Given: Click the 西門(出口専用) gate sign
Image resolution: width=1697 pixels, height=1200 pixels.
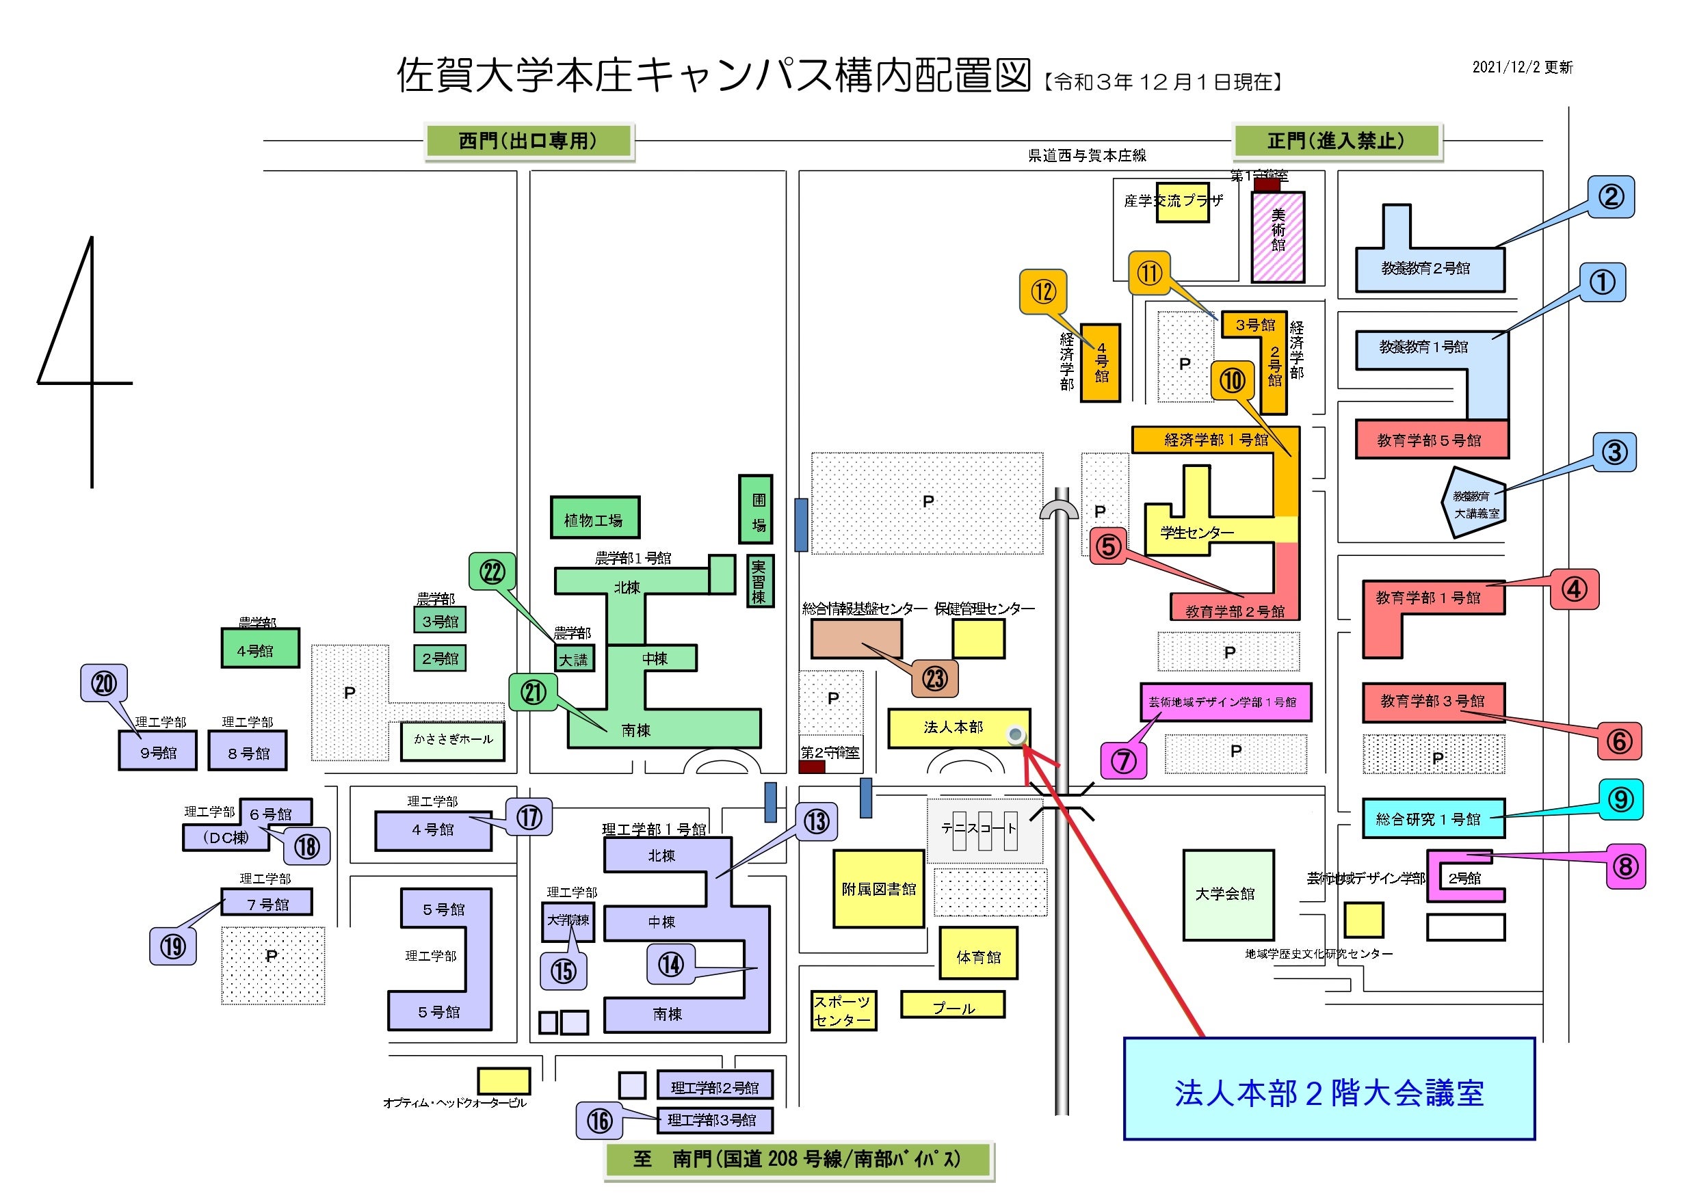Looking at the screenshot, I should (x=529, y=140).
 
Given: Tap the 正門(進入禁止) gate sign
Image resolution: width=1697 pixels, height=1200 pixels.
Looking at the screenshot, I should (x=1337, y=140).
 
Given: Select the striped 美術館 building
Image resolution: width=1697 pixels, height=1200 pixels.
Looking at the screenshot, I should (x=1277, y=237).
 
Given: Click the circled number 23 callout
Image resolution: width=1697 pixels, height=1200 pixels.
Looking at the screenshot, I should (x=935, y=678).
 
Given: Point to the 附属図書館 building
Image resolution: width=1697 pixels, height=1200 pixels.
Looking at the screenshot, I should (x=879, y=889).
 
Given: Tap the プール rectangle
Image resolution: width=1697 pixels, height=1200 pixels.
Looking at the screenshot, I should (x=953, y=1005).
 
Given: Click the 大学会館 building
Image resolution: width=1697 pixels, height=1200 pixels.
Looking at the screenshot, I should (x=1228, y=894).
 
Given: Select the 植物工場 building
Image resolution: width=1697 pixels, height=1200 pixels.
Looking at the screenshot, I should (x=594, y=517).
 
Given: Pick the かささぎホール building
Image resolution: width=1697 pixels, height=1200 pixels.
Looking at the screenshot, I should (x=452, y=741).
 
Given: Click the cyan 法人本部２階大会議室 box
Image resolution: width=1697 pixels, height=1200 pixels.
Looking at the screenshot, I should (x=1329, y=1089).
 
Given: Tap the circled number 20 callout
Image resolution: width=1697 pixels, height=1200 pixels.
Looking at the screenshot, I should (x=103, y=684).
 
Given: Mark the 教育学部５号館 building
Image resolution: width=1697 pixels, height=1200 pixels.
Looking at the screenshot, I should (x=1431, y=440).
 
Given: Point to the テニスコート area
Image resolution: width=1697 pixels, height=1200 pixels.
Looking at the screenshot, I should (x=984, y=830).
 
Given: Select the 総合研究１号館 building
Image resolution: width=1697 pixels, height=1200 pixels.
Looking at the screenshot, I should (x=1432, y=818).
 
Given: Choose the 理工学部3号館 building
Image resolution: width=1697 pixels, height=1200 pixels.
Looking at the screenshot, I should (x=714, y=1120).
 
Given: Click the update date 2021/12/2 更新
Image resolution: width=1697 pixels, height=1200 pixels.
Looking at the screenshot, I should (x=1522, y=67).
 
